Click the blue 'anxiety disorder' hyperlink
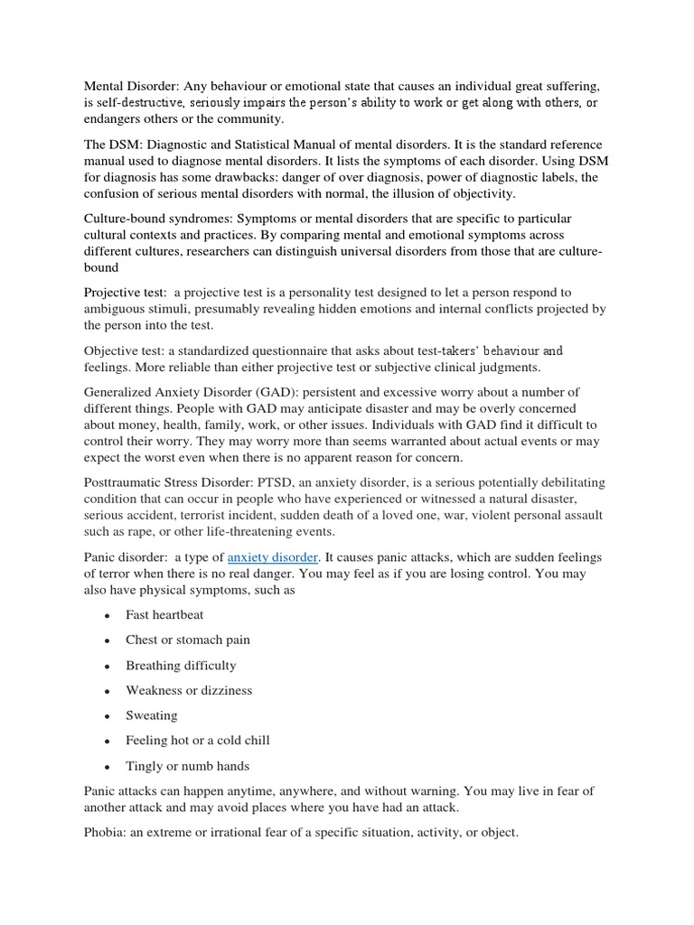273,558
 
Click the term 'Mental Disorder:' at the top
132,86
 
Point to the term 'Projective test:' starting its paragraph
126,293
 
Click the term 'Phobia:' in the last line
106,832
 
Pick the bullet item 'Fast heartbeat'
164,614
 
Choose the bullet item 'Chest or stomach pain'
188,640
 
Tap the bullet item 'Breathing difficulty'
181,665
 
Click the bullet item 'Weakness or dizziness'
189,690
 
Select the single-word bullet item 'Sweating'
152,715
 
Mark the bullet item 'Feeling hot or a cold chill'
198,741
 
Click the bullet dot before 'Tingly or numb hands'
107,767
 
